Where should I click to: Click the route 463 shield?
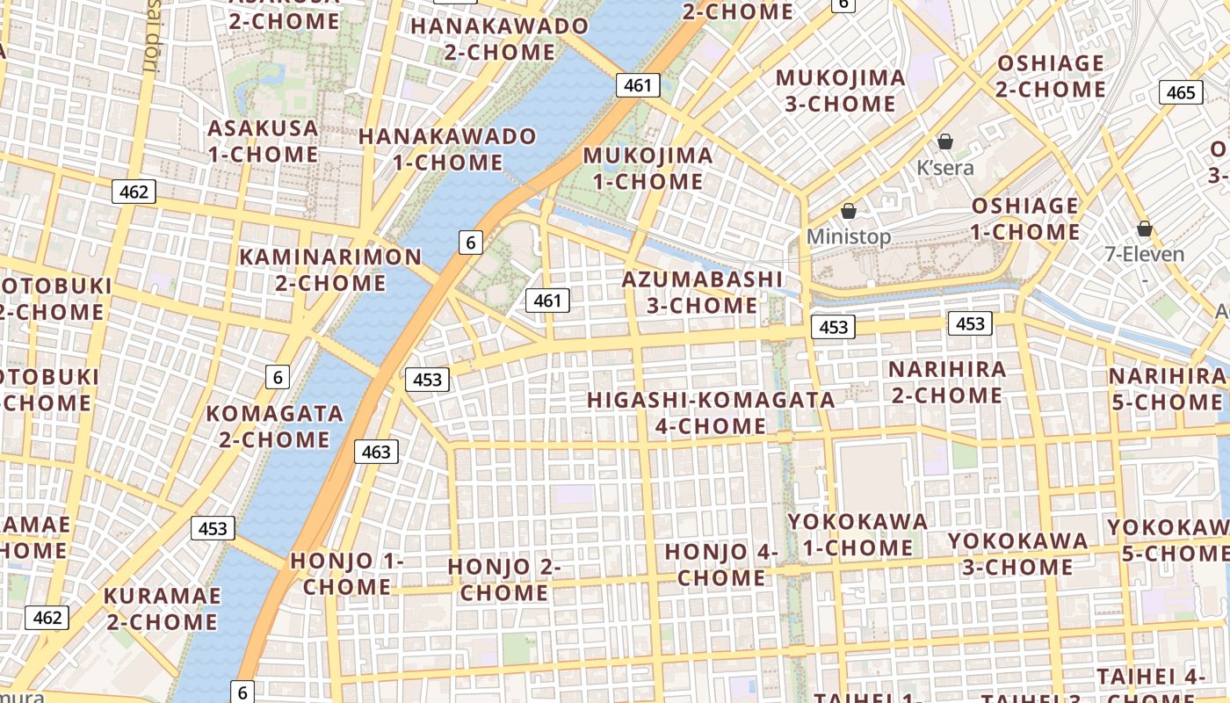[x=376, y=452]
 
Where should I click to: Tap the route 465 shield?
[x=1181, y=92]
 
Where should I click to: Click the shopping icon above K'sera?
[x=945, y=141]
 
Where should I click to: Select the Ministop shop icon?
[x=849, y=211]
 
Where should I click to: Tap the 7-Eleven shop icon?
[x=1144, y=229]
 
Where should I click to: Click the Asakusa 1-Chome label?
[x=263, y=141]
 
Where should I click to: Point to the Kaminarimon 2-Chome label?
[x=330, y=270]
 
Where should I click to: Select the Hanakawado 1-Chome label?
[x=447, y=149]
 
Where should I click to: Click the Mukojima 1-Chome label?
[x=648, y=169]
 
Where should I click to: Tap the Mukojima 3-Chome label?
[x=840, y=91]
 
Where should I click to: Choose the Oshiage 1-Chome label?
[x=1025, y=219]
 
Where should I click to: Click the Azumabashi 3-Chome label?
[x=702, y=292]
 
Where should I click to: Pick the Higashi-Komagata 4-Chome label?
[x=711, y=412]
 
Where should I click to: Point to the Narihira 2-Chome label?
[x=947, y=381]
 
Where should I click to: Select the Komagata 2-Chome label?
[x=274, y=425]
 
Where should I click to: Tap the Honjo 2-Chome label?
[x=504, y=579]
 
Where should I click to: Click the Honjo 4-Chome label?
[x=721, y=564]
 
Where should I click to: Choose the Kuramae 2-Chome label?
[x=162, y=608]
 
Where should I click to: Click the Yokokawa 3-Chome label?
[x=1017, y=553]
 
